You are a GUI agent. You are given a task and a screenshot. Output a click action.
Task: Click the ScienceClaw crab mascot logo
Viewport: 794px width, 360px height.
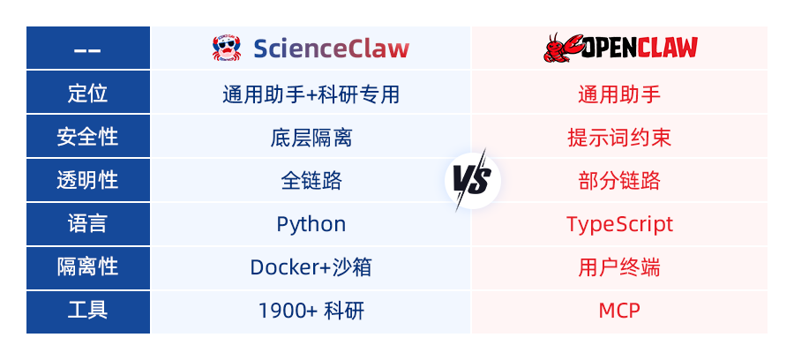click(227, 49)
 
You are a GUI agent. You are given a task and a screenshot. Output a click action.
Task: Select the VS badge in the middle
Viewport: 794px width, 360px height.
click(473, 181)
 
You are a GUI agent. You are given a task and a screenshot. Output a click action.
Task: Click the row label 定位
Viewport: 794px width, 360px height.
click(87, 94)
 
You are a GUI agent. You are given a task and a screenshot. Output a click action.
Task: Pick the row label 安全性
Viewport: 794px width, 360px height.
click(87, 138)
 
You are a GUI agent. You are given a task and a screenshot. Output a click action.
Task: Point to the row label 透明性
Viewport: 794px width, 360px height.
click(87, 181)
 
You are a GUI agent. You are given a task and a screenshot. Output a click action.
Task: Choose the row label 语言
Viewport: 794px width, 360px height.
click(87, 224)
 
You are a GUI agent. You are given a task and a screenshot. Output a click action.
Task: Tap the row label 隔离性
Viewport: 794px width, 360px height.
click(87, 267)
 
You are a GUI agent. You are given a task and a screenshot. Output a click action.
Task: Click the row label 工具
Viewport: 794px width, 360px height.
click(87, 311)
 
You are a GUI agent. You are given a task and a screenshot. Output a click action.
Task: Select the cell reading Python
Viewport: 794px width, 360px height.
click(311, 224)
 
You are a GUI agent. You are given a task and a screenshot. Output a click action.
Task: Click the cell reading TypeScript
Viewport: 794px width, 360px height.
click(619, 224)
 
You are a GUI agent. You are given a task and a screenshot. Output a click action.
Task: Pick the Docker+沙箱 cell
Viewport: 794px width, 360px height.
click(311, 267)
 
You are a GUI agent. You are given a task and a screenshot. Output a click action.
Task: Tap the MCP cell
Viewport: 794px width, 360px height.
click(619, 311)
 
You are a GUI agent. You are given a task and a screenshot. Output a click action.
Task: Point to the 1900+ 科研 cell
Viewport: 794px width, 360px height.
click(311, 311)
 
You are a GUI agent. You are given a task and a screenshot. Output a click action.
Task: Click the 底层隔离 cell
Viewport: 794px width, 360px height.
click(311, 138)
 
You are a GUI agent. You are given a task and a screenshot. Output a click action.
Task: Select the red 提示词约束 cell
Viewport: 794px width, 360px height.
click(619, 138)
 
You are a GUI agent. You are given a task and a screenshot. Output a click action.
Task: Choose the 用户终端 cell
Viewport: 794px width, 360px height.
click(619, 267)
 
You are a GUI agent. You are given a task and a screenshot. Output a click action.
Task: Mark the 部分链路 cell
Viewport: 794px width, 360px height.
click(619, 181)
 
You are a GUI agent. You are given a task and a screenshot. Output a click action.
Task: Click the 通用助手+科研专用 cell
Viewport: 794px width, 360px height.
click(311, 94)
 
